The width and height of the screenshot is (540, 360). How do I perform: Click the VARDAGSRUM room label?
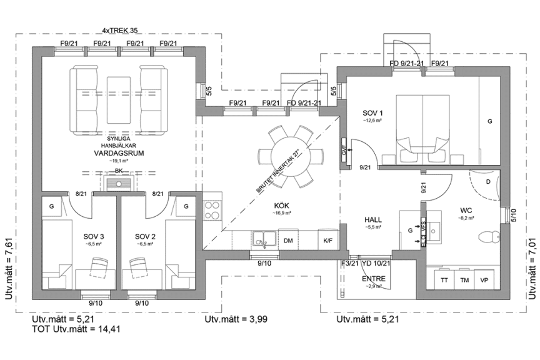pyautogui.click(x=112, y=152)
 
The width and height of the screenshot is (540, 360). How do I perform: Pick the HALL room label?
pyautogui.click(x=374, y=220)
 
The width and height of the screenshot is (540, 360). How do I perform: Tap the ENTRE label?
pyautogui.click(x=374, y=279)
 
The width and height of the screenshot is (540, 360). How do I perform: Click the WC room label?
pyautogui.click(x=466, y=211)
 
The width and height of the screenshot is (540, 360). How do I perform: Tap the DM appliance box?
pyautogui.click(x=288, y=240)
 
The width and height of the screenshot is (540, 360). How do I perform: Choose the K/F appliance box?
pyautogui.click(x=327, y=240)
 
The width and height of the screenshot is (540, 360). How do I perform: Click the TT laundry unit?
pyautogui.click(x=444, y=280)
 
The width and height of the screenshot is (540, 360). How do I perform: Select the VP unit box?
pyautogui.click(x=484, y=280)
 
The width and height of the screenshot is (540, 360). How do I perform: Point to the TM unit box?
pyautogui.click(x=464, y=280)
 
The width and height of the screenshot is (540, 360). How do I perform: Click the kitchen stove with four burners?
pyautogui.click(x=212, y=209)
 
